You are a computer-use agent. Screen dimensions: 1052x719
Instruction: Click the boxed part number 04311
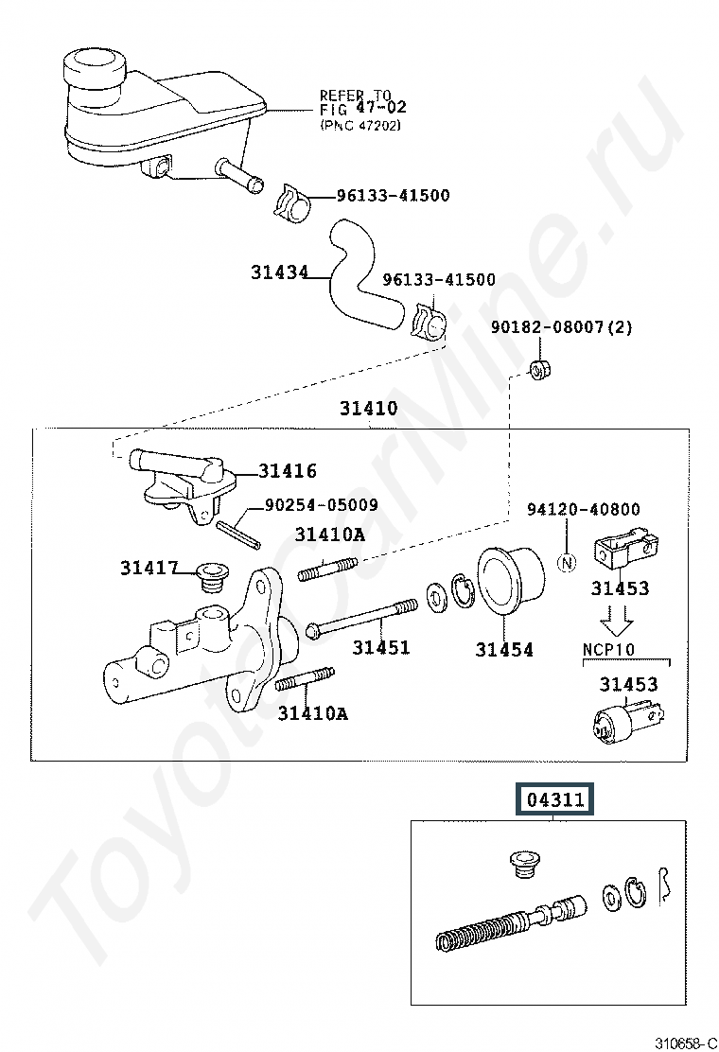point(555,800)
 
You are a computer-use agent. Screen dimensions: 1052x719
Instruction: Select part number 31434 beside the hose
point(280,272)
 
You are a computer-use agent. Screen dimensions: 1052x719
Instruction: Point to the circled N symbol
point(567,563)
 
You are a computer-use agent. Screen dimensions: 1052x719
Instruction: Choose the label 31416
point(288,471)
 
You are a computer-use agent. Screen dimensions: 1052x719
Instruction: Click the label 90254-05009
point(322,505)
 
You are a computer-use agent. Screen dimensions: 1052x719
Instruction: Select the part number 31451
point(381,648)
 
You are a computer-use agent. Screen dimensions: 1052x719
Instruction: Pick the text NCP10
point(607,650)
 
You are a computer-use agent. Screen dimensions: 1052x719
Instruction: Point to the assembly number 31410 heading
point(369,410)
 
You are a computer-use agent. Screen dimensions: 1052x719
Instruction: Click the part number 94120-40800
point(584,510)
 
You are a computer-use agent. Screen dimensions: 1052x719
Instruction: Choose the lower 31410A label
point(312,713)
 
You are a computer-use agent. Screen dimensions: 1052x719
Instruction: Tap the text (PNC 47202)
point(360,124)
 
